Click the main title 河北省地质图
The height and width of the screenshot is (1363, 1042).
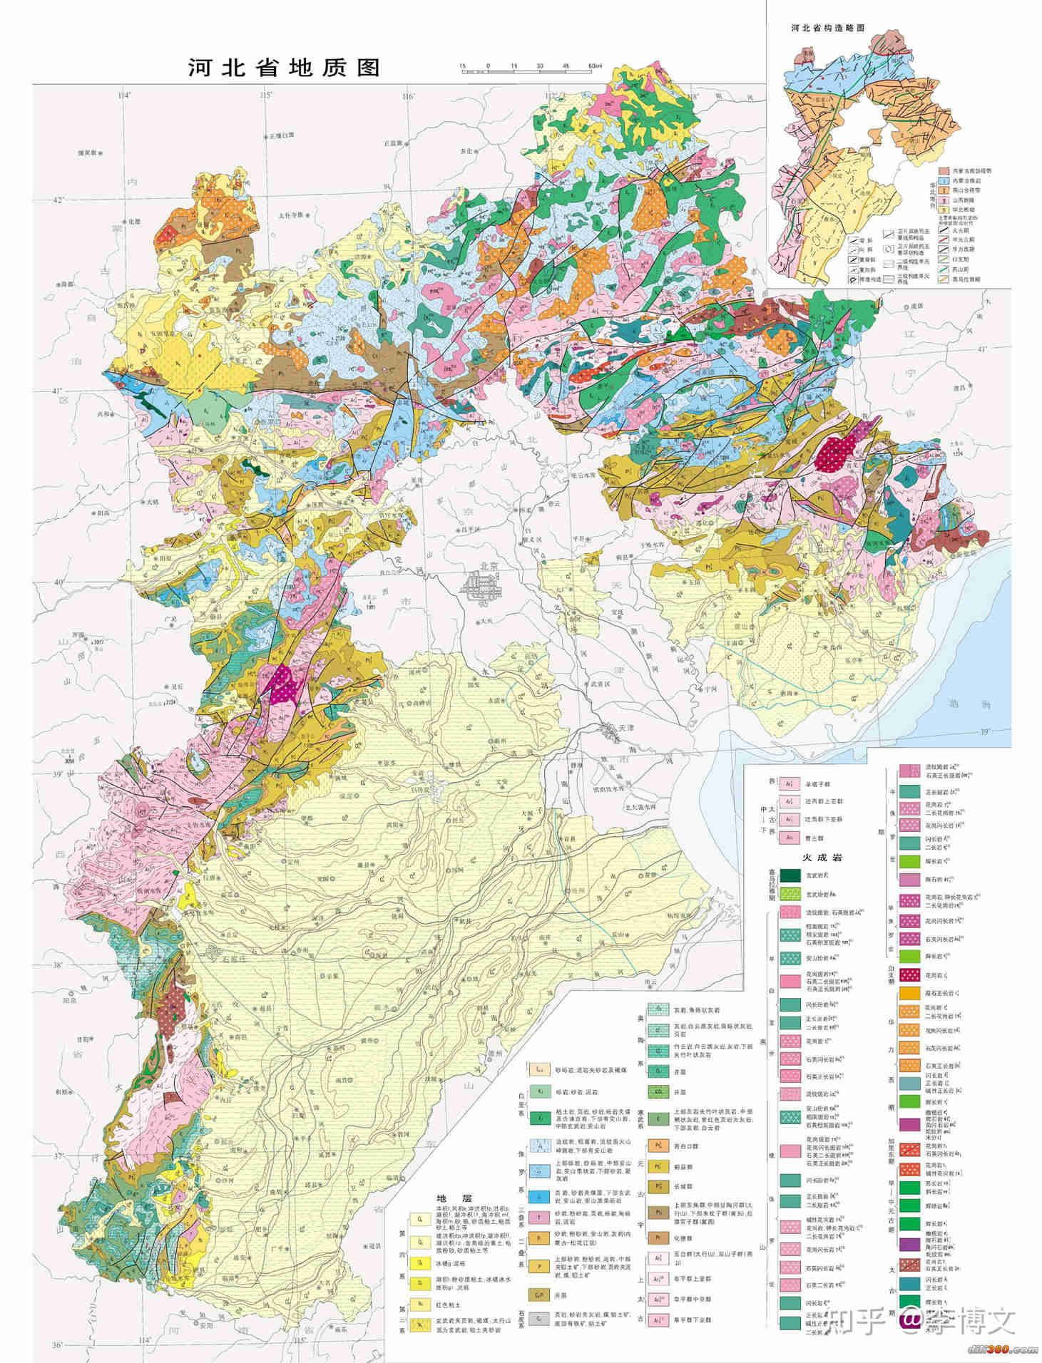[x=284, y=68]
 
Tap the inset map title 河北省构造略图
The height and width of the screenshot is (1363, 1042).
[x=827, y=27]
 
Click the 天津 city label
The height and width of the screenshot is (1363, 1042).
[x=625, y=728]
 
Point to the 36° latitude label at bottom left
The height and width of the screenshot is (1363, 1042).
[x=57, y=1344]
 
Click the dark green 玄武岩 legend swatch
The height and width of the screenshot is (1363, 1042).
[x=790, y=875]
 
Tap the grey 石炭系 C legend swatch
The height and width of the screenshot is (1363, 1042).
[x=539, y=1319]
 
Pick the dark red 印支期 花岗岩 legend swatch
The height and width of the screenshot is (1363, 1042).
[x=909, y=974]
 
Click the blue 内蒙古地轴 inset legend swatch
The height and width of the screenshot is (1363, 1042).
[x=944, y=180]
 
